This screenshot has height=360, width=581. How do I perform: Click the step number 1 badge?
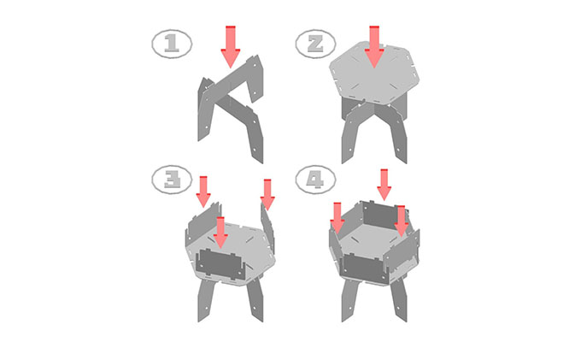coord(172,44)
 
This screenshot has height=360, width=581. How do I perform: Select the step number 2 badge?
coord(315,44)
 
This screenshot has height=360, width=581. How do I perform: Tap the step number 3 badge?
coord(172,180)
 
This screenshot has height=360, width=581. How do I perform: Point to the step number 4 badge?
coord(315,180)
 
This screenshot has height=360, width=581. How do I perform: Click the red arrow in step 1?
coord(231,46)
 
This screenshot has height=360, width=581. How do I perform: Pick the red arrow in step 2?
coord(374,46)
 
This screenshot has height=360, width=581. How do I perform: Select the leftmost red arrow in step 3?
coord(203,192)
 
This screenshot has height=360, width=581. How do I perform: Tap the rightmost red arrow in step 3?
coord(267,195)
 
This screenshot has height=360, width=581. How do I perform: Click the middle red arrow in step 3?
coord(220,233)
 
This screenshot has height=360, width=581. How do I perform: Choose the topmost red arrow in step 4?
coord(384,185)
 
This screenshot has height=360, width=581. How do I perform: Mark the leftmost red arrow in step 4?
coord(337,218)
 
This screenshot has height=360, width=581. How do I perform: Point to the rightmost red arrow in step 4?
coord(401,221)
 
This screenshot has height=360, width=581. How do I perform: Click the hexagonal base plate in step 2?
coord(374,73)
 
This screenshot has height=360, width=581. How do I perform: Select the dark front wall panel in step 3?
coord(221,264)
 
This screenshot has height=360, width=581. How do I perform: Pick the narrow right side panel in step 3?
coord(267,228)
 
